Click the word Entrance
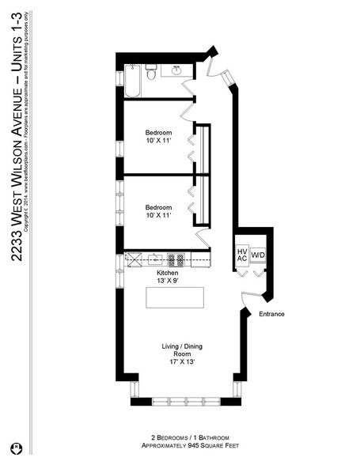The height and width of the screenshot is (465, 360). point(271,314)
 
